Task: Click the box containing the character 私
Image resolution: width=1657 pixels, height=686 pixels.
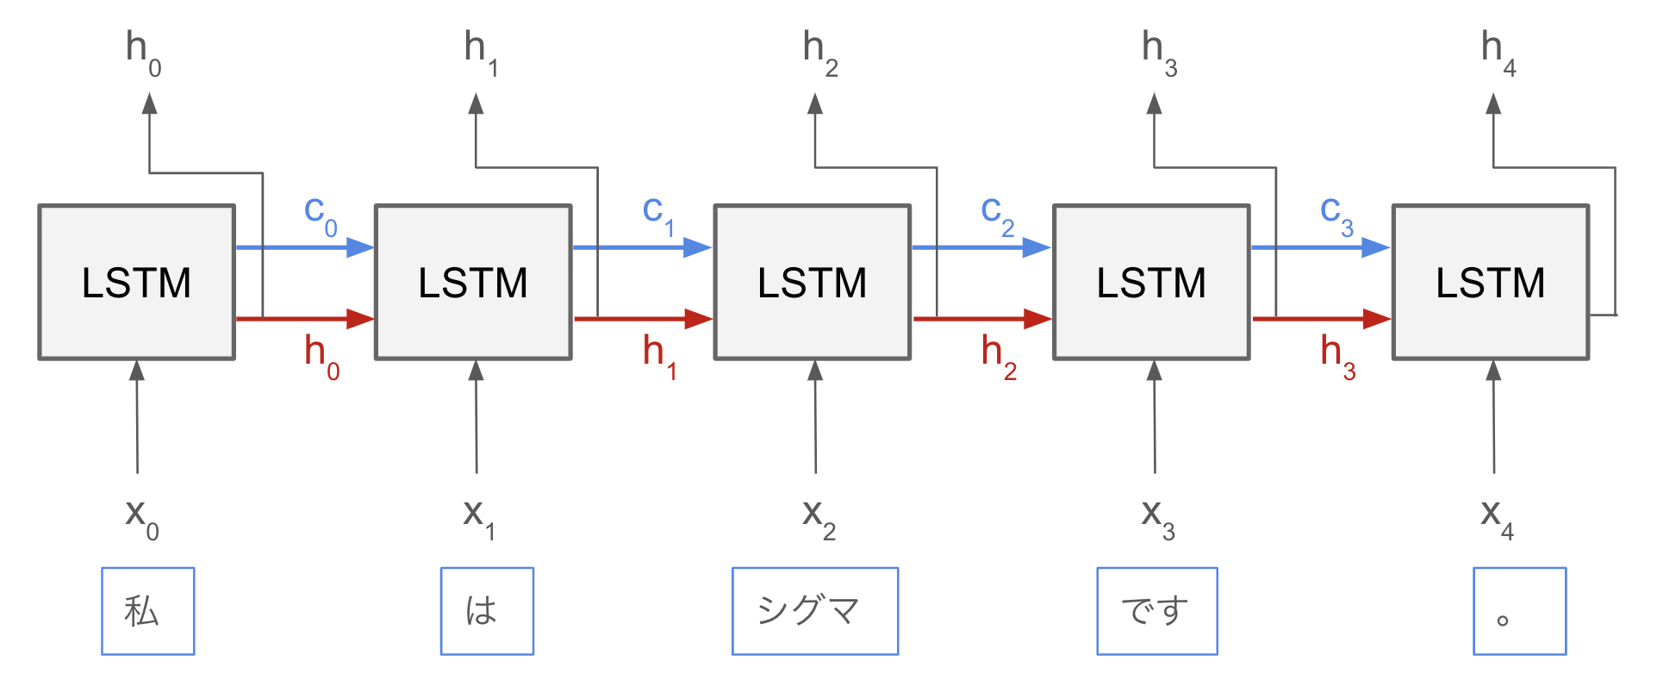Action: click(147, 611)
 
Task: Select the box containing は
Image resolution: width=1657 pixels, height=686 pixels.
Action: click(487, 611)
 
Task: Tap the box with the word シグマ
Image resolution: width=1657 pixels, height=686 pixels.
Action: click(814, 611)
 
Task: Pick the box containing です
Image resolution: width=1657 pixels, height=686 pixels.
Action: click(1156, 611)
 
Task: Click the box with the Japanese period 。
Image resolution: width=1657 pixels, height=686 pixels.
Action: click(1518, 611)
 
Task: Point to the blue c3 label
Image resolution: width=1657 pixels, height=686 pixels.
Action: click(1336, 214)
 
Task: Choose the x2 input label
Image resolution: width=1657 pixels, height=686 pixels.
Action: click(818, 517)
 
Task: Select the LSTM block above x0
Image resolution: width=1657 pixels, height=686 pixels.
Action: click(136, 282)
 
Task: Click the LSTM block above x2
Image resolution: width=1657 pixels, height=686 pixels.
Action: click(812, 282)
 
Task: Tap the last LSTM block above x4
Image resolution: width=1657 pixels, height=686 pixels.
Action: click(1490, 282)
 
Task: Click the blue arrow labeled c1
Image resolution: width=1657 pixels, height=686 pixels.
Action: click(642, 248)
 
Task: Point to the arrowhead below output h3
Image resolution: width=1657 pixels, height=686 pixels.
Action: click(1154, 105)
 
